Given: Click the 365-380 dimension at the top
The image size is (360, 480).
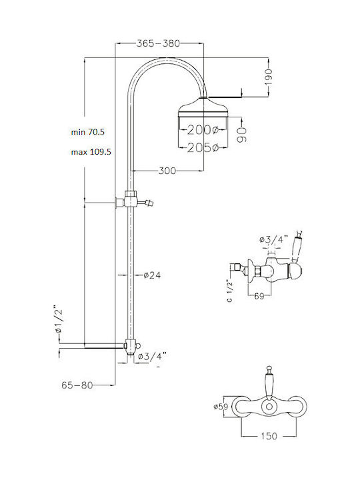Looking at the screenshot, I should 159,43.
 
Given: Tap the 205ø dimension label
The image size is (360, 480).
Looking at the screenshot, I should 202,147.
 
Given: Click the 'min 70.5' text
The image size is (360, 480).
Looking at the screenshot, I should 92,132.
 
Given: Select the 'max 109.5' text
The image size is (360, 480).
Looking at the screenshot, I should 91,152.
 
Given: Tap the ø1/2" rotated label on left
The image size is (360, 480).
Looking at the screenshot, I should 59,321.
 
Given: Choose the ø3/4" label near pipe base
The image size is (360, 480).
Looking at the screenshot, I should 152,357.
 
